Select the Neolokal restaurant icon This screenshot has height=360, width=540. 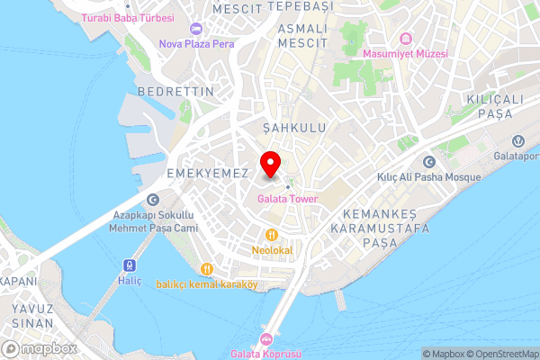pos(259,234)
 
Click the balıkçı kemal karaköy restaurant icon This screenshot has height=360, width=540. pos(206,268)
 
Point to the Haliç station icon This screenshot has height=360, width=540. pos(128,265)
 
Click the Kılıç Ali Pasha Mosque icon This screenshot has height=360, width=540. pos(429,162)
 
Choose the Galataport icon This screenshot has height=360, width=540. pos(519,141)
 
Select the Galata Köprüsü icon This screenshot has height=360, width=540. pos(265,339)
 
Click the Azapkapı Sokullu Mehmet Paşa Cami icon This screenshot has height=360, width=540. pos(153,200)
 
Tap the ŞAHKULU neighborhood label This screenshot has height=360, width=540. pos(294,128)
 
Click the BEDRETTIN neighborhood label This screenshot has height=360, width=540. pos(175,92)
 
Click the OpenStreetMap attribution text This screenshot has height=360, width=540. pos(502,353)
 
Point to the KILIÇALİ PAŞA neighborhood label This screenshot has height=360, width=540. pos(495,104)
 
